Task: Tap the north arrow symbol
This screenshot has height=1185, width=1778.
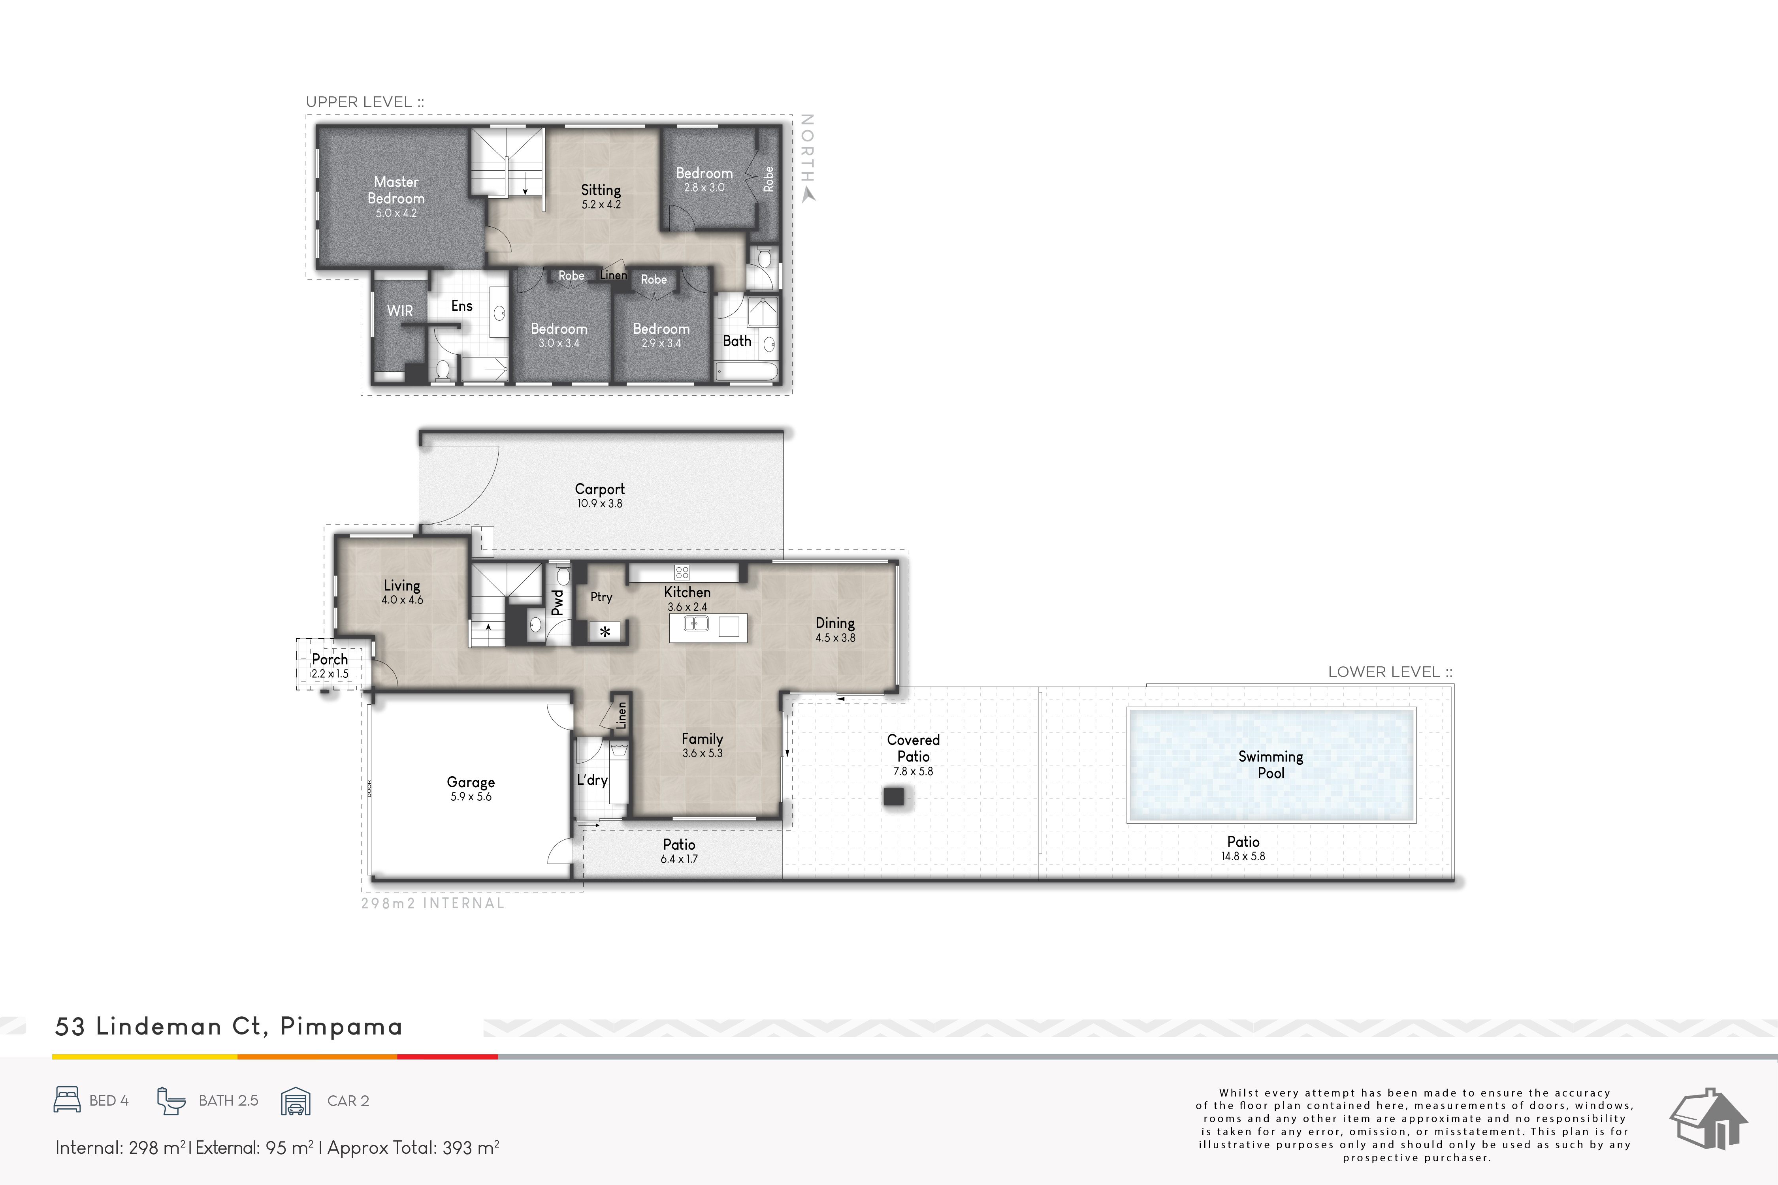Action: [808, 195]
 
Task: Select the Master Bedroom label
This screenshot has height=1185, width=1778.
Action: [396, 190]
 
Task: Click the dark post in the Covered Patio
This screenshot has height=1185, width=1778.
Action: [893, 797]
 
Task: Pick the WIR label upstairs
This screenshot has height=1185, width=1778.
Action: [400, 310]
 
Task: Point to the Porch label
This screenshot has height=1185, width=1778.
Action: [330, 659]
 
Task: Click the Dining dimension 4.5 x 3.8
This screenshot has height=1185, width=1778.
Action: [835, 638]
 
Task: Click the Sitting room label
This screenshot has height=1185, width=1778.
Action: [601, 190]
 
